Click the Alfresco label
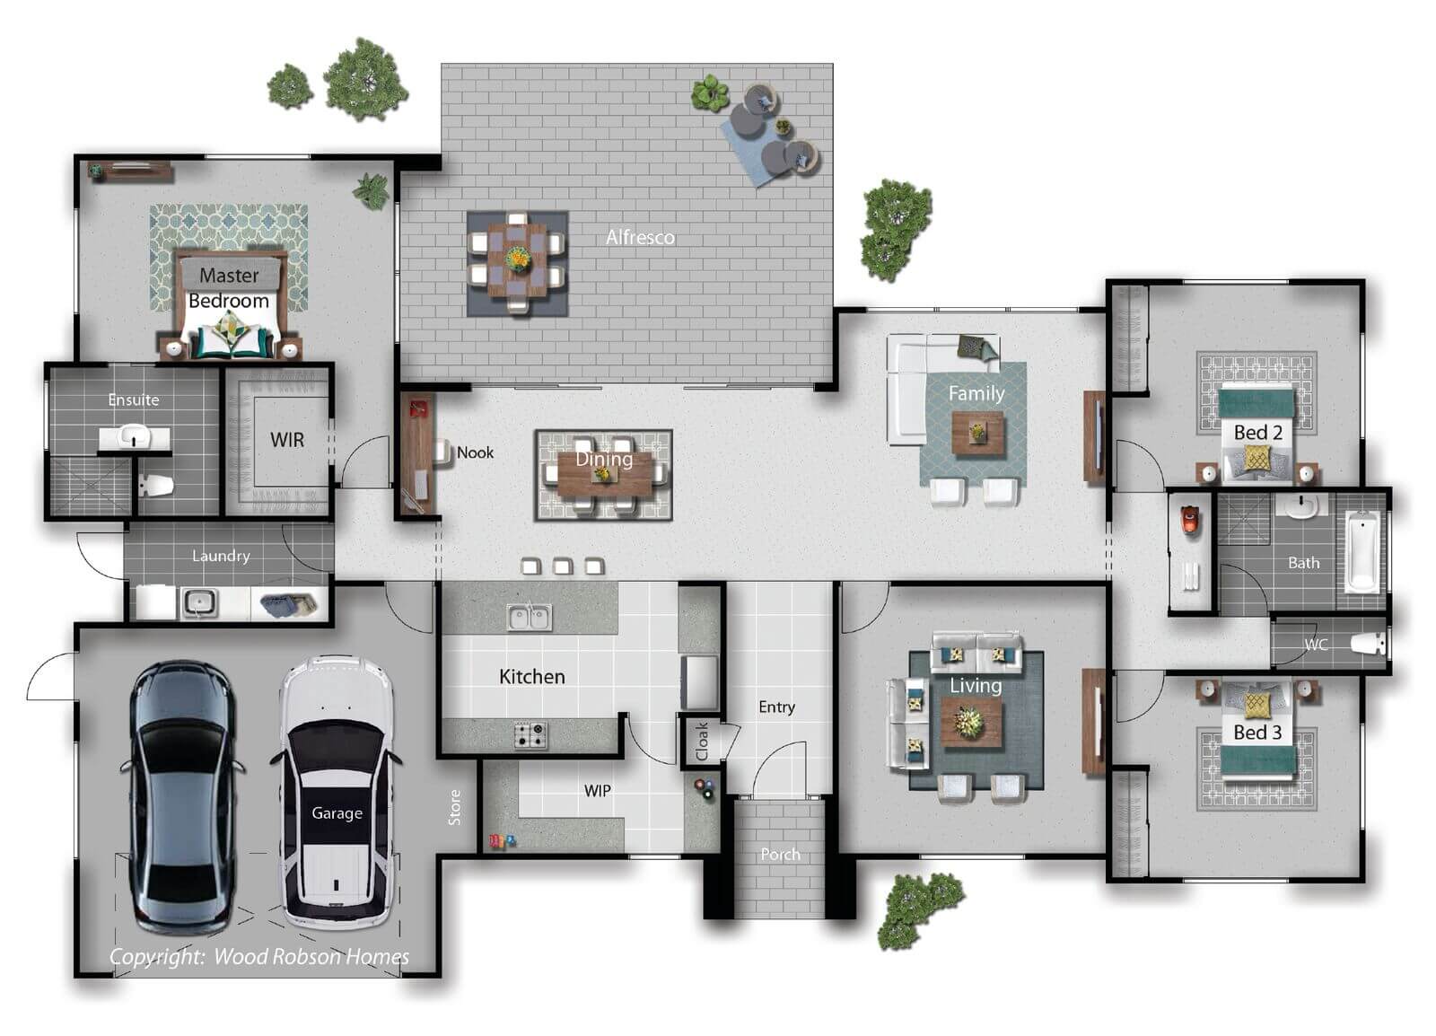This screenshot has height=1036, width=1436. point(641,238)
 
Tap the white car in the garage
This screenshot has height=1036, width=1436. point(337,793)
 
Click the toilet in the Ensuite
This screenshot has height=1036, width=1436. point(157,486)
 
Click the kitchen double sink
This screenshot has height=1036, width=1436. point(530,618)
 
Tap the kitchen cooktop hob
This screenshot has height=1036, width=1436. point(530,735)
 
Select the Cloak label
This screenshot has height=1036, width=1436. point(702,742)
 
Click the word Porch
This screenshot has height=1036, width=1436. point(780,855)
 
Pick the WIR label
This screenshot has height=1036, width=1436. point(287,440)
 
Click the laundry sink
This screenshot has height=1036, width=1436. point(199,602)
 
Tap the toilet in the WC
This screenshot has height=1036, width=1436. point(1369,644)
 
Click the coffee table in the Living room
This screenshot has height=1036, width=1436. point(970,723)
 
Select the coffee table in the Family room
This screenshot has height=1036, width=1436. point(977,433)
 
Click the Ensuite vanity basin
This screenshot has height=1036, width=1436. point(134,438)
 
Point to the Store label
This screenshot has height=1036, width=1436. point(454,807)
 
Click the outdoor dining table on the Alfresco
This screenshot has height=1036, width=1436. point(517,263)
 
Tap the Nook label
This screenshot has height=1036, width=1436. point(475,452)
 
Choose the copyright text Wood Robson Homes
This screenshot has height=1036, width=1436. point(311,956)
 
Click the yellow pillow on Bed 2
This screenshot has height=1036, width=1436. point(1256,458)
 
